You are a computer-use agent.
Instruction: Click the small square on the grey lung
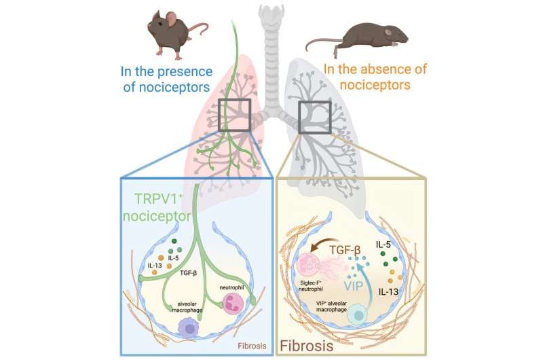[x=314, y=116]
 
